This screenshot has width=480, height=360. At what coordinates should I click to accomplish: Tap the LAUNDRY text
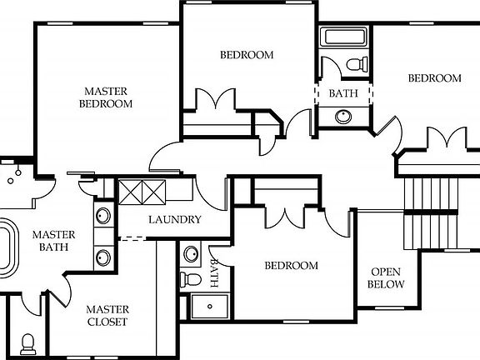click(174, 220)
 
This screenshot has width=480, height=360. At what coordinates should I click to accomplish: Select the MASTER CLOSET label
click(107, 315)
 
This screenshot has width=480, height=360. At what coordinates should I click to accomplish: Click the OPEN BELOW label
click(387, 278)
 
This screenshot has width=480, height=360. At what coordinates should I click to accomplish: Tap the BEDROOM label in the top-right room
click(433, 78)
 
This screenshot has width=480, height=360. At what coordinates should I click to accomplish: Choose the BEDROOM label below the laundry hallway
click(291, 266)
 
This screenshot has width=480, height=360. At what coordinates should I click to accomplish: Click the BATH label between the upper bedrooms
click(342, 93)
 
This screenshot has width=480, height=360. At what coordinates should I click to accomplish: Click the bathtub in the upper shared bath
click(344, 37)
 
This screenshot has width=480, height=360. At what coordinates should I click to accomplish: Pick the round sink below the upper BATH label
click(343, 116)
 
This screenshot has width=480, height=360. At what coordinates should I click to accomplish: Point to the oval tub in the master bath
click(6, 248)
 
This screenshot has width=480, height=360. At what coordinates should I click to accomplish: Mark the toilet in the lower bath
click(191, 278)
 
